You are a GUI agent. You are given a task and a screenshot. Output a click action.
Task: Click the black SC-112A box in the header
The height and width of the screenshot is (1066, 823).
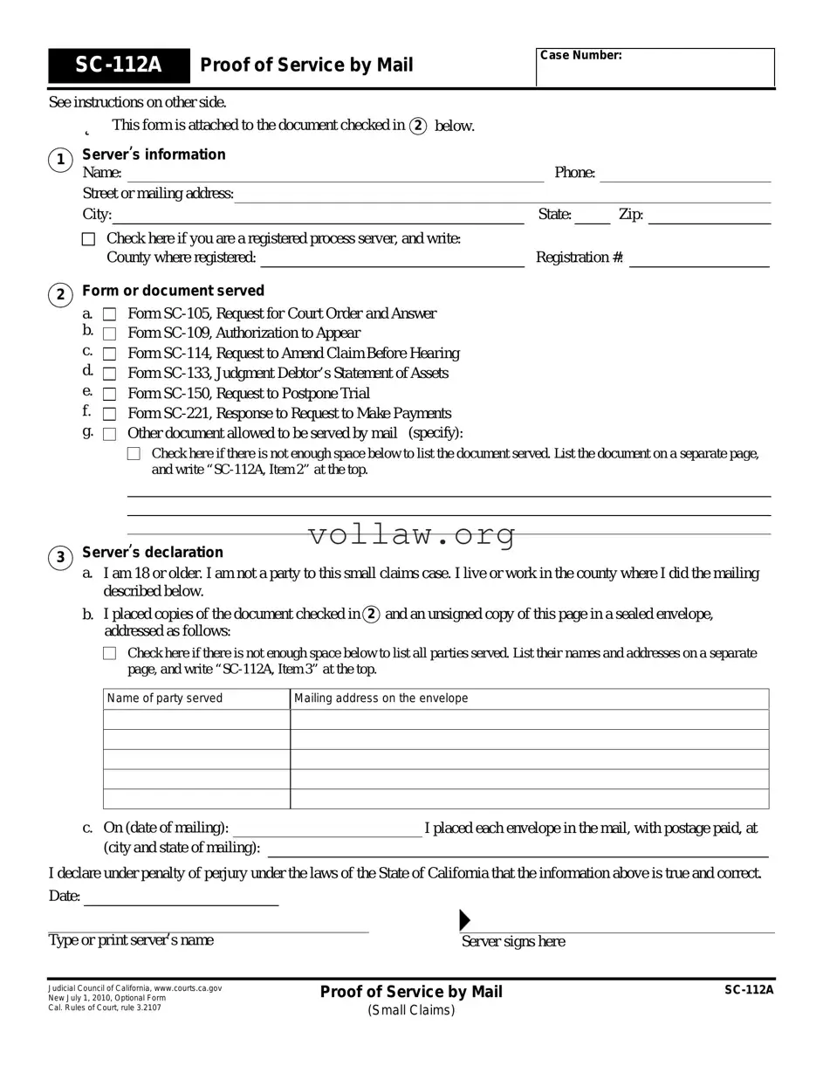[119, 65]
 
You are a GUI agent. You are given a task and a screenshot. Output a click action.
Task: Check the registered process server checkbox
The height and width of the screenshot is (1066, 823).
[88, 239]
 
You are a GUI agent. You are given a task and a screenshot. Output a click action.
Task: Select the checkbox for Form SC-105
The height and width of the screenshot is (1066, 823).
[109, 313]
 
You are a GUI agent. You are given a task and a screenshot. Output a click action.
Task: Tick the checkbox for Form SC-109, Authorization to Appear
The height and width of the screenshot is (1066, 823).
[109, 334]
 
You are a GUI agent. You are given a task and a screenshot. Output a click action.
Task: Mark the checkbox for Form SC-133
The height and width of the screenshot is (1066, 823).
[109, 374]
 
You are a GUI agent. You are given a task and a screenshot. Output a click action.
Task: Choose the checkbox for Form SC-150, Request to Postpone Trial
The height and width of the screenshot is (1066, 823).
[109, 394]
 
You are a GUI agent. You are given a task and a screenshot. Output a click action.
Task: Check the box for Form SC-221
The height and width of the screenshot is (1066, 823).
[109, 414]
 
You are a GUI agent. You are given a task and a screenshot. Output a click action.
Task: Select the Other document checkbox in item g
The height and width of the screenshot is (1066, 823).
[109, 434]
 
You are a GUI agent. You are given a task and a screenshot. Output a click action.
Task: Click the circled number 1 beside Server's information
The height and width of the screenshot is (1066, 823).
[60, 160]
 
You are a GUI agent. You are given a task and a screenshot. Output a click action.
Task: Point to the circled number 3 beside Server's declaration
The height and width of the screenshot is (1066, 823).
[60, 558]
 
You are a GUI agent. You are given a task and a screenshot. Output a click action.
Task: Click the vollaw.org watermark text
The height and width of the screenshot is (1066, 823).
[411, 534]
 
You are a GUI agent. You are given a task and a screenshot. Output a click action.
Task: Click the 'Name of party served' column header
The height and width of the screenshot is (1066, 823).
[165, 698]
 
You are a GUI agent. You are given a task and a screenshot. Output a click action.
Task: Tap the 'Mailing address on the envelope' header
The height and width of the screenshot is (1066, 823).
[381, 698]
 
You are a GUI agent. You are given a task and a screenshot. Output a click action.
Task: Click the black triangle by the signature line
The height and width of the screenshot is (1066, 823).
[464, 919]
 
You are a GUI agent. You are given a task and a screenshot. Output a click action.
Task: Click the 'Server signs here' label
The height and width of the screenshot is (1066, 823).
[513, 941]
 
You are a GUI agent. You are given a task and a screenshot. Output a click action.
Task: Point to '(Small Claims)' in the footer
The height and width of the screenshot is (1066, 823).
[411, 1010]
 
